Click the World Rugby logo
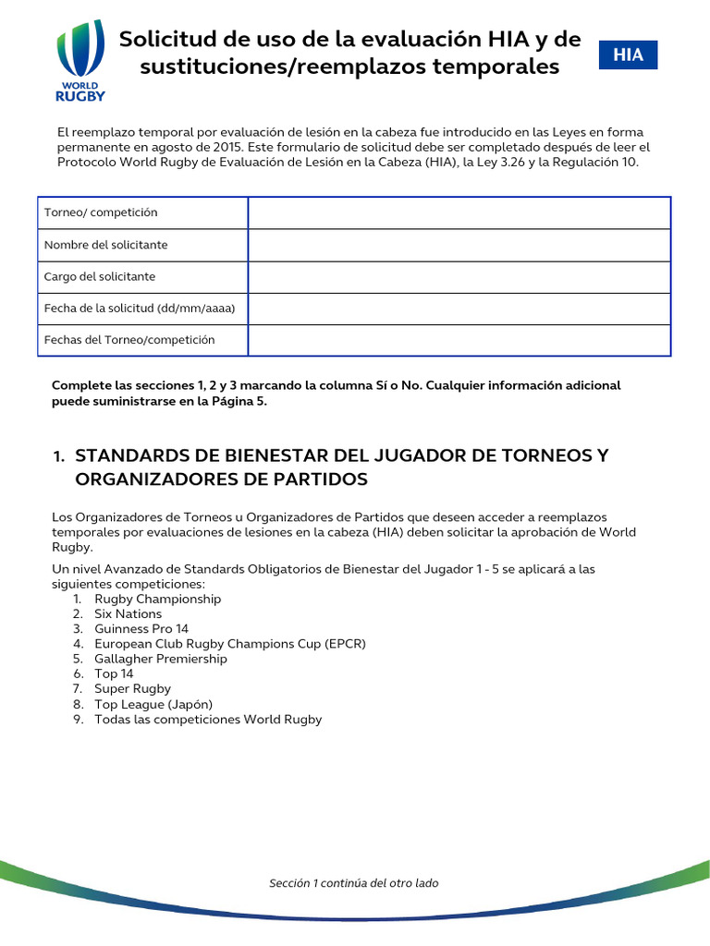pos(80,61)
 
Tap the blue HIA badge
pos(628,55)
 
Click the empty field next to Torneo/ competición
pos(459,212)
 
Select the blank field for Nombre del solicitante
pos(459,245)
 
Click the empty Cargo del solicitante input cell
pos(459,277)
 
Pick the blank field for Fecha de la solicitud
pos(459,309)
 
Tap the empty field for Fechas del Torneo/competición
pos(459,340)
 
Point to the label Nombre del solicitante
pos(106,245)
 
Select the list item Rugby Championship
pos(157,599)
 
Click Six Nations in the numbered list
pos(128,613)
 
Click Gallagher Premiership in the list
pos(160,659)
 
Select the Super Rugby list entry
pos(132,689)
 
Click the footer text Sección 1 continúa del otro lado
pos(354,883)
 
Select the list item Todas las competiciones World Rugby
pos(208,719)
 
